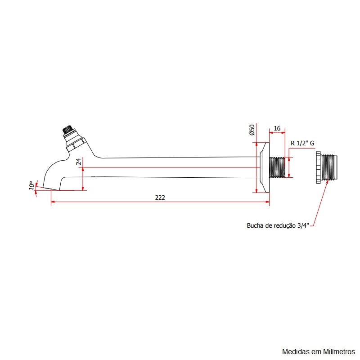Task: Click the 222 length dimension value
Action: (x=160, y=198)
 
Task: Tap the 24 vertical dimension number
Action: (x=79, y=162)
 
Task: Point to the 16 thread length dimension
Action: (x=277, y=128)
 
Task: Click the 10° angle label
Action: (x=31, y=185)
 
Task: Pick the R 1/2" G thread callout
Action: (x=302, y=143)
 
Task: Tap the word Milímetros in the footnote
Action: (x=339, y=351)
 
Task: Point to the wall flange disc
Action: (x=264, y=167)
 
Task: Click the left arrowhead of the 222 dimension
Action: (x=53, y=203)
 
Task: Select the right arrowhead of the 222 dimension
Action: (x=267, y=203)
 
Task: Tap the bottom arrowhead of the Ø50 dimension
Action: (x=256, y=191)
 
